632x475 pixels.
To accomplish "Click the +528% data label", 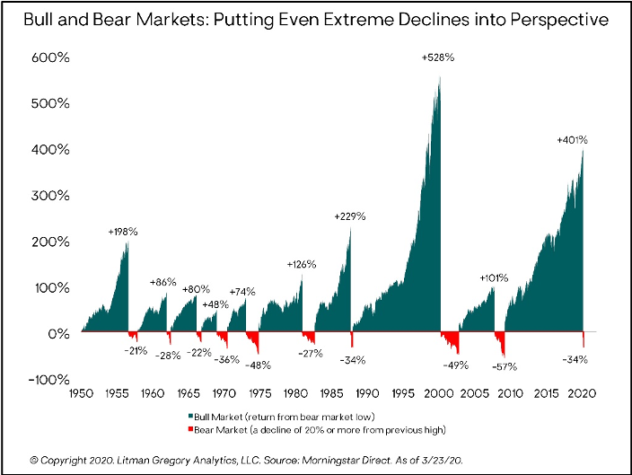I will (439, 58).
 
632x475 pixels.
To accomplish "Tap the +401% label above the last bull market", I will (572, 141).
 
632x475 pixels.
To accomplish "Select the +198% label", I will (123, 232).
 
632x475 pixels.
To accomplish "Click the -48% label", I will (259, 365).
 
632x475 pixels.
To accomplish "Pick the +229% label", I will (350, 217).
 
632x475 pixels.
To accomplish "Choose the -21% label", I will (136, 349).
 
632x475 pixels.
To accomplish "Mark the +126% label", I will (303, 264).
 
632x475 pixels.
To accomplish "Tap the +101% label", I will (495, 277).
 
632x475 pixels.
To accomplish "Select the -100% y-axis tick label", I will (42, 380).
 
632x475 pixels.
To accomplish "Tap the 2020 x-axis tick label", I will (584, 393).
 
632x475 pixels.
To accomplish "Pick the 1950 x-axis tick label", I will (81, 393).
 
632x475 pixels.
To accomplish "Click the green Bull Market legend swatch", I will (191, 417).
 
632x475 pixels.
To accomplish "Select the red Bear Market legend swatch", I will (191, 429).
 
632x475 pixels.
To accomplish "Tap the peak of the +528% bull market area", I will (440, 77).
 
